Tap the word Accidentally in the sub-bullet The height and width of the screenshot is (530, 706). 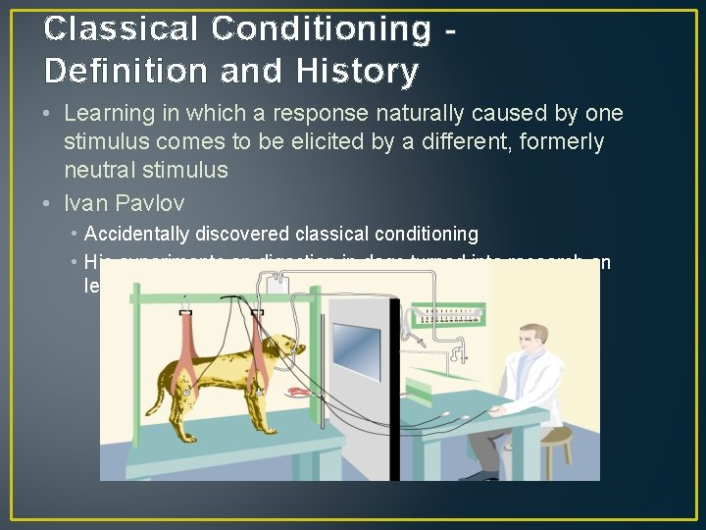[133, 234]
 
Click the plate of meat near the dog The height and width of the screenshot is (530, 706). [298, 391]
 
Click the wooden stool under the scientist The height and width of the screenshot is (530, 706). [556, 453]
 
